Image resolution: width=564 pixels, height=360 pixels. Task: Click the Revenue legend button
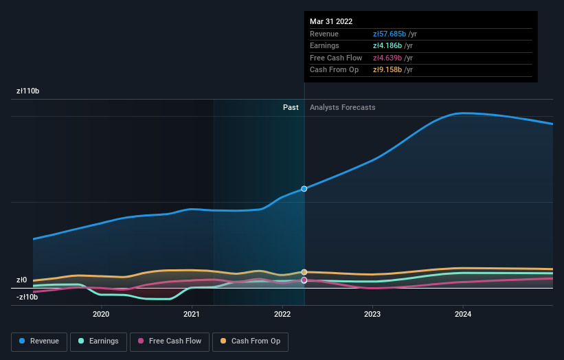point(39,341)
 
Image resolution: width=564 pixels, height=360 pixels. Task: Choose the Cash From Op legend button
point(250,341)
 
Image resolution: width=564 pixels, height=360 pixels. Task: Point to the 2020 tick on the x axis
point(101,314)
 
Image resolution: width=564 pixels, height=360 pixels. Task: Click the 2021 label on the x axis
point(192,314)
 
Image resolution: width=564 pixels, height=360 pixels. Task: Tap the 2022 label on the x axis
point(282,314)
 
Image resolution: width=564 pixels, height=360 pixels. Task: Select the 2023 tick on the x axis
point(372,314)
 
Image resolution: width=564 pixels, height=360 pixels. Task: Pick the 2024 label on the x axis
point(463,314)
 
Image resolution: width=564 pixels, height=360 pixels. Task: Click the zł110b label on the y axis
point(28,91)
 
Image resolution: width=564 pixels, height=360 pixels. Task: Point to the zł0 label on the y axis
point(22,280)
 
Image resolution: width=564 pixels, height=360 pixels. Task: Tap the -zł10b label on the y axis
point(27,297)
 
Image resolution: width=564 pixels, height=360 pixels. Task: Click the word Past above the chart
point(291,107)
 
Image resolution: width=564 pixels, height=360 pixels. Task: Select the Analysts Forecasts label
point(343,107)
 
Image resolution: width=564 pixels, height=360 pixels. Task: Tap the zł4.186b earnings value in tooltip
point(387,46)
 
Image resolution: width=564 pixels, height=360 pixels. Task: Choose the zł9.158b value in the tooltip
point(387,70)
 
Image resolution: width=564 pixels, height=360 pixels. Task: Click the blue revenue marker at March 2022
point(304,188)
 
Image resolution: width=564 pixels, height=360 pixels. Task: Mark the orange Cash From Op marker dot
point(304,272)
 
